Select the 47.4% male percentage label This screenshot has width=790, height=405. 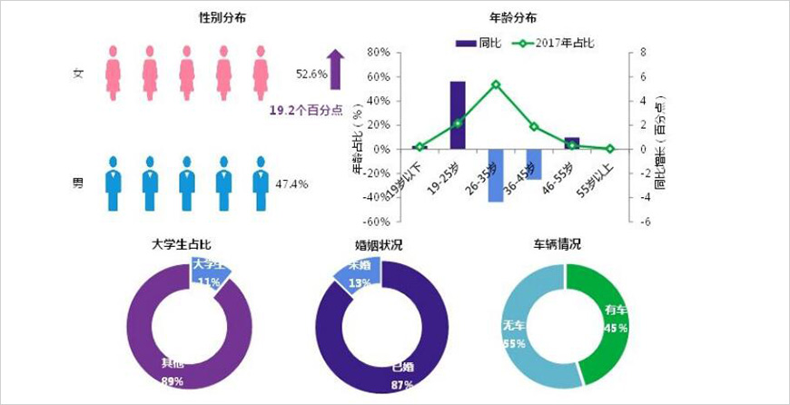pos(291,184)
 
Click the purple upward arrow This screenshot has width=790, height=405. pos(335,70)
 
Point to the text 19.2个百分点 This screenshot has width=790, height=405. pos(306,109)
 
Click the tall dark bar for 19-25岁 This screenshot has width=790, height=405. pos(458,114)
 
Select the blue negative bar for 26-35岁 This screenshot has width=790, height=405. pos(496,175)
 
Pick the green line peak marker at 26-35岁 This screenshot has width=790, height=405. pos(496,84)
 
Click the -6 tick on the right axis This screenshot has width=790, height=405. pos(643,222)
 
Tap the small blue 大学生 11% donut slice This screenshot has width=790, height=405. pos(208,272)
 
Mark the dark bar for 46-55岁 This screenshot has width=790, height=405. pos(572,143)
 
